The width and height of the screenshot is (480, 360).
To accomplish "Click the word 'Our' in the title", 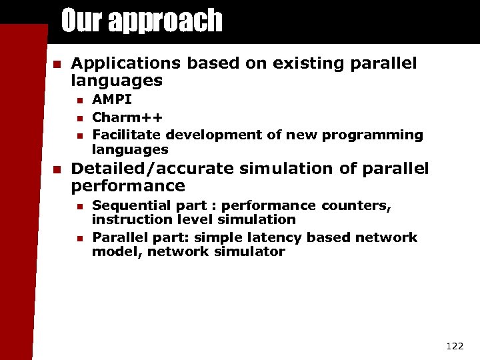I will click(83, 21).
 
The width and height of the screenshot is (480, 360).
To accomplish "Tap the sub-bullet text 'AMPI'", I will click(112, 99).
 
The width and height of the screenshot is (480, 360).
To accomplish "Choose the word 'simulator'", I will click(253, 252).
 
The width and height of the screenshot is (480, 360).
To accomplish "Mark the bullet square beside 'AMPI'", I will click(79, 100).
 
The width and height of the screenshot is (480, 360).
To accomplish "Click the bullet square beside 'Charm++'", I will click(79, 118).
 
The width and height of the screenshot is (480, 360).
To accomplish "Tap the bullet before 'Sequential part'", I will click(79, 206).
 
